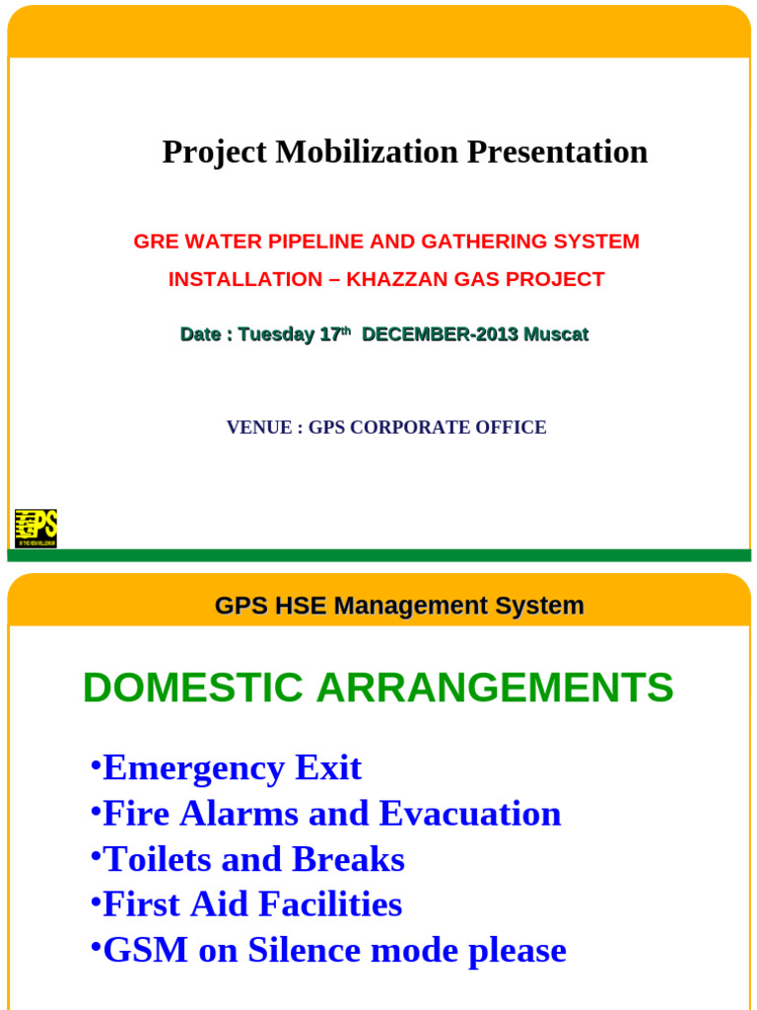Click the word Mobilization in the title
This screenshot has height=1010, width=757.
point(367,152)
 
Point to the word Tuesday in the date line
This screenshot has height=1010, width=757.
point(276,334)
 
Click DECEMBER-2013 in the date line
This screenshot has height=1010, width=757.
point(440,334)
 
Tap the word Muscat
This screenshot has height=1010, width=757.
point(556,334)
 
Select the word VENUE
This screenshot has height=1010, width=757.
point(259,427)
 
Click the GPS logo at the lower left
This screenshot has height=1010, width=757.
point(35,529)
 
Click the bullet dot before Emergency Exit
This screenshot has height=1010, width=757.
point(95,765)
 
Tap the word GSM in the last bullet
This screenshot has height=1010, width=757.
point(145,950)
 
